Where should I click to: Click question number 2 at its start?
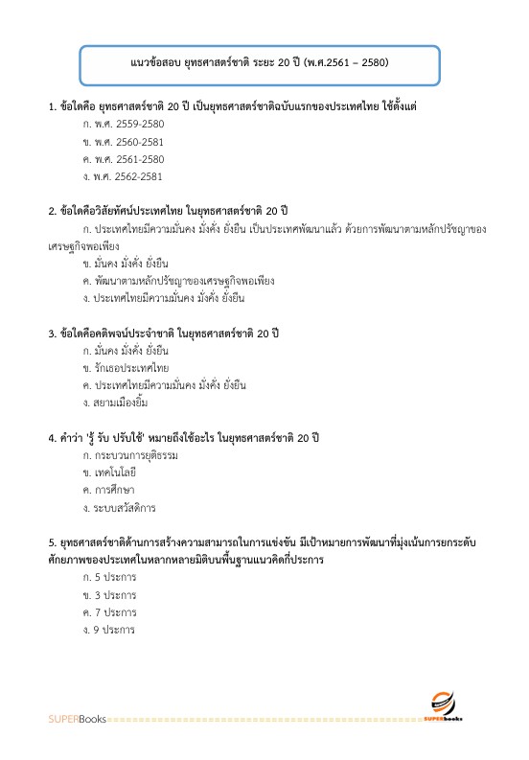pyautogui.click(x=52, y=209)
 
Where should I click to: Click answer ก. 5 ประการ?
pyautogui.click(x=109, y=577)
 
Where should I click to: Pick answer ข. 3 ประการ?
pyautogui.click(x=109, y=594)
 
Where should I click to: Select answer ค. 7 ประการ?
pyautogui.click(x=109, y=611)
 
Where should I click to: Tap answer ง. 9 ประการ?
pyautogui.click(x=109, y=630)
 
